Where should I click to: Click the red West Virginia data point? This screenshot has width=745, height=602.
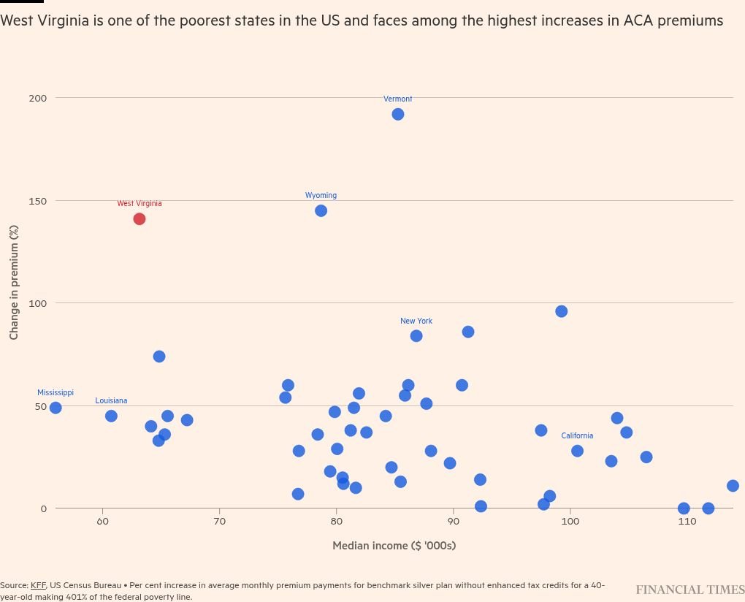click(x=140, y=219)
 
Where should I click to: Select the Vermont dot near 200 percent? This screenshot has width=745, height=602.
click(x=398, y=114)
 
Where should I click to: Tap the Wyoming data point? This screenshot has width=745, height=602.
click(x=321, y=210)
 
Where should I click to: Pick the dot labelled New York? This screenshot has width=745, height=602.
click(x=416, y=336)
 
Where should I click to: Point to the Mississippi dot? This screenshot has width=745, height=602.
click(x=56, y=408)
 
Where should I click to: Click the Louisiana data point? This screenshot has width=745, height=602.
click(x=111, y=416)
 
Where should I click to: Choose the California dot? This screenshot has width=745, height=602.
click(x=577, y=451)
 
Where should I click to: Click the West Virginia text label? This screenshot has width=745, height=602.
click(x=140, y=204)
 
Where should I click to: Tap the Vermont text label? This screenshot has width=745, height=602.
click(x=398, y=99)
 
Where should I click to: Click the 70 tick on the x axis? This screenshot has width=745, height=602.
click(x=219, y=522)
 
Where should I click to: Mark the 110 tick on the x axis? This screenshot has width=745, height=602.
click(x=687, y=522)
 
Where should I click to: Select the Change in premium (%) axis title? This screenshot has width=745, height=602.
click(x=14, y=282)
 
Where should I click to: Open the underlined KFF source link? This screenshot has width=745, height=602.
click(x=38, y=585)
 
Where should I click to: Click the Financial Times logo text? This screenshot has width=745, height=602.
click(x=689, y=590)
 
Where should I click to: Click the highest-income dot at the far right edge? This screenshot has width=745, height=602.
click(x=733, y=486)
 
